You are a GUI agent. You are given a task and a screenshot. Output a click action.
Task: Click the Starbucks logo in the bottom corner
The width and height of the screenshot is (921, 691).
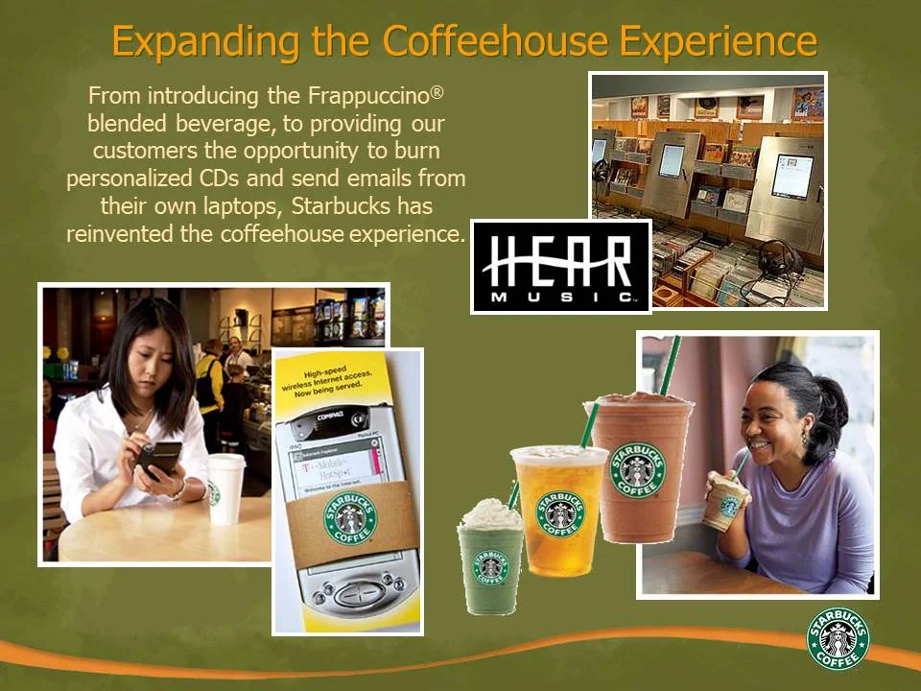click(x=838, y=638)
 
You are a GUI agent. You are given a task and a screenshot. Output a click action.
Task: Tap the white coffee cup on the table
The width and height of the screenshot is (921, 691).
click(x=225, y=488)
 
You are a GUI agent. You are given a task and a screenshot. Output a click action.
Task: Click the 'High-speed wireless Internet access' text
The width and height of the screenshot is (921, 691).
click(x=347, y=385)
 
